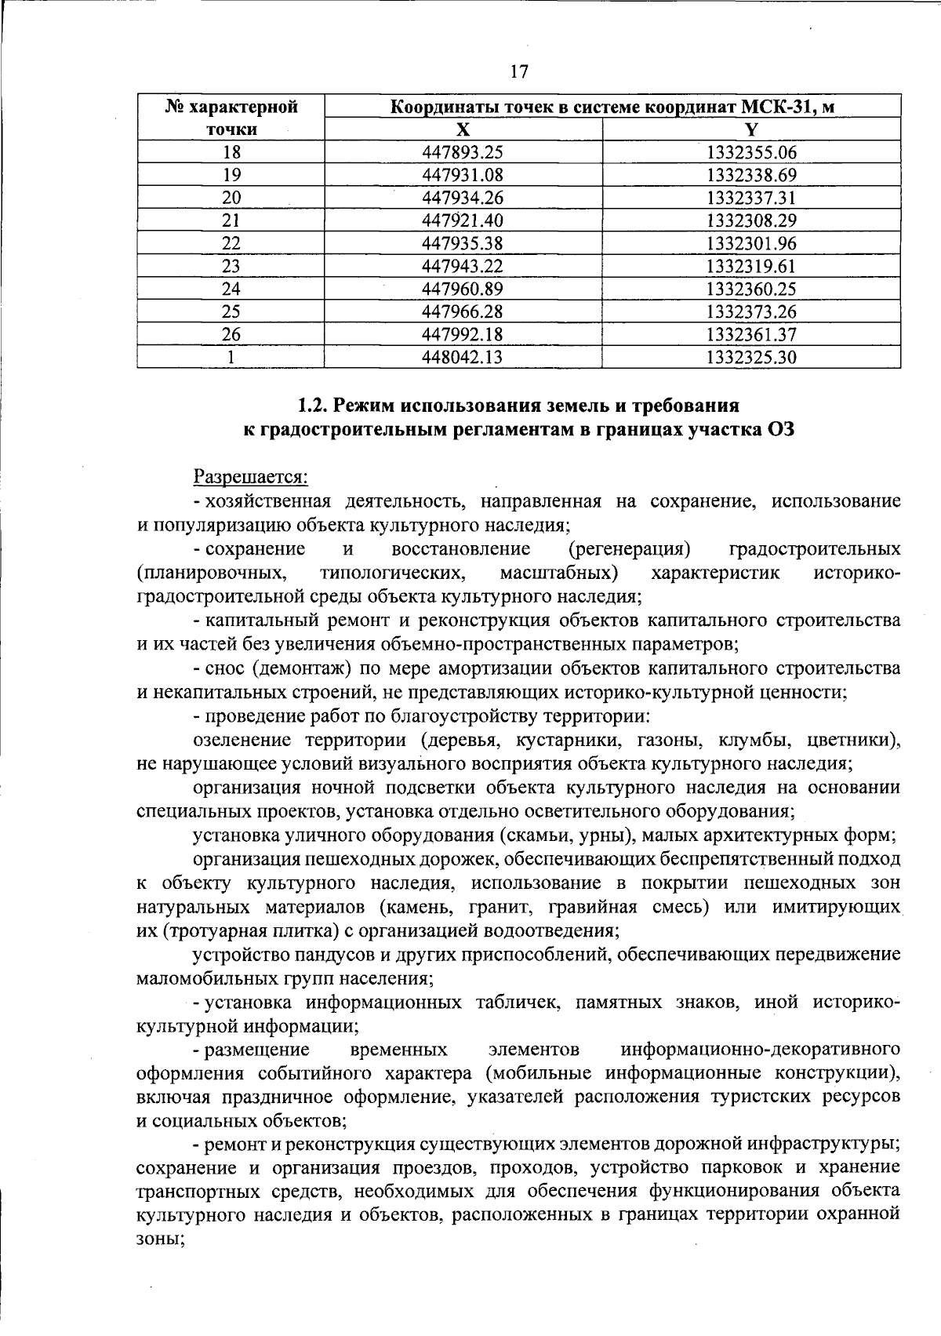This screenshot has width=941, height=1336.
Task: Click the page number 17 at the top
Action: (x=519, y=72)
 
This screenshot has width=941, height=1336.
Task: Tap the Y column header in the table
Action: (x=751, y=129)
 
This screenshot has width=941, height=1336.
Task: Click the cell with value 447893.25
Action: (x=463, y=153)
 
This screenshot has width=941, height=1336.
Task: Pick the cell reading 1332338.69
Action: (x=751, y=176)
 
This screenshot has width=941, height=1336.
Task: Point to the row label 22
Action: (x=231, y=244)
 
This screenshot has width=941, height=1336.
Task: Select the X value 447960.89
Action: (x=463, y=289)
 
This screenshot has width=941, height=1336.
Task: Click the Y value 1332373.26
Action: (x=751, y=312)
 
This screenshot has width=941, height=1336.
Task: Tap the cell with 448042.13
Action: (x=463, y=358)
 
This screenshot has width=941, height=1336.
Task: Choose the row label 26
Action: (x=231, y=335)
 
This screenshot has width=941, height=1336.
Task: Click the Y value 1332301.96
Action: (x=751, y=244)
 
